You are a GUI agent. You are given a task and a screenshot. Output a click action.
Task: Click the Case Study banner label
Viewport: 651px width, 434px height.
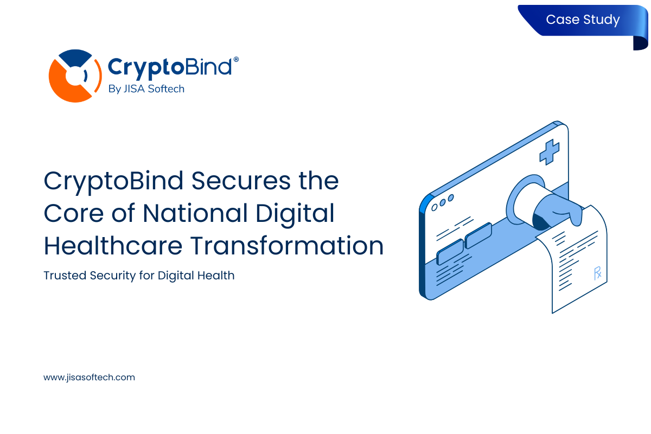582,20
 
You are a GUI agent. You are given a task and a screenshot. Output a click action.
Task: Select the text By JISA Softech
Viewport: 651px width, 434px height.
146,89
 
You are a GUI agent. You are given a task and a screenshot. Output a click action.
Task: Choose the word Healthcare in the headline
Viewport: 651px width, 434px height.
113,246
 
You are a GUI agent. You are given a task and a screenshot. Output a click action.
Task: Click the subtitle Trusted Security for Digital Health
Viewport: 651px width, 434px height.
139,276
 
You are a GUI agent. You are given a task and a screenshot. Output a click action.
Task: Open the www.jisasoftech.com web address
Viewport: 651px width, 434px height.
89,377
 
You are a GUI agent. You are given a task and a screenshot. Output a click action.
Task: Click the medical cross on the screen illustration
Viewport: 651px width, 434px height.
549,152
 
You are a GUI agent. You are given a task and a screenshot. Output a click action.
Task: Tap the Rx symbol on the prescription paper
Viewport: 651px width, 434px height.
598,272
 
